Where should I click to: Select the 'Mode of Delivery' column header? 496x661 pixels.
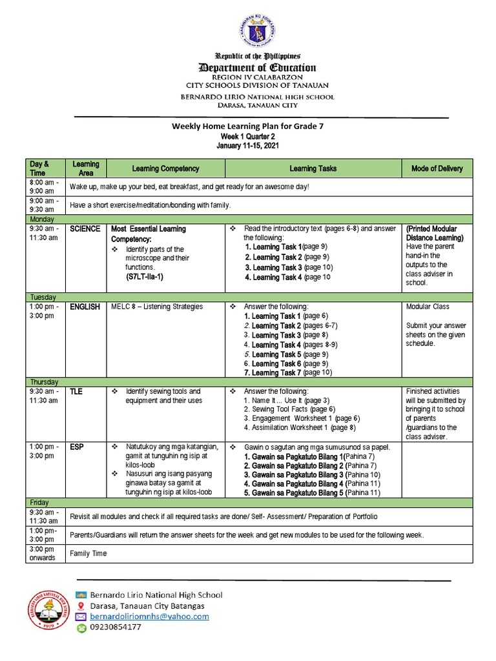[x=437, y=168]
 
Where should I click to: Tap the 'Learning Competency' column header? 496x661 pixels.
[x=165, y=168]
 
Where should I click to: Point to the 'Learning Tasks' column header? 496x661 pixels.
[x=313, y=168]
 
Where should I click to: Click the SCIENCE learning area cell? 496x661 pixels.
[x=85, y=229]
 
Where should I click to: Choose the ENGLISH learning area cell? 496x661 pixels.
[x=85, y=307]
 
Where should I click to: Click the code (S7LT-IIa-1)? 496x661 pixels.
[x=145, y=276]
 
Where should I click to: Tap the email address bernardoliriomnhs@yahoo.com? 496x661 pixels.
[x=149, y=616]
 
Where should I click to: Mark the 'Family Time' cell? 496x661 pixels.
[x=88, y=553]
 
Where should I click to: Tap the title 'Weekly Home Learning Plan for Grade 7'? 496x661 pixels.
[x=247, y=127]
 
